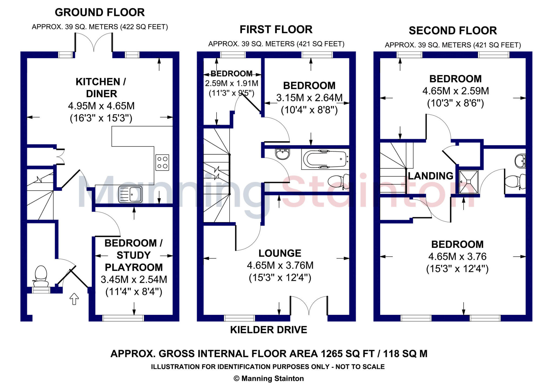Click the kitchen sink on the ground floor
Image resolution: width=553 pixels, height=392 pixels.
pos(130,194)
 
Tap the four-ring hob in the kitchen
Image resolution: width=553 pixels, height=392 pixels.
pos(162,162)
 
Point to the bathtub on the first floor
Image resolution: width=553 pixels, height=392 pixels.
pos(325,159)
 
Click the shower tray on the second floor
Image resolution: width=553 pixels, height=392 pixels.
pos(468,181)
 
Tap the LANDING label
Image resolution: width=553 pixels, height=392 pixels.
pos(430,176)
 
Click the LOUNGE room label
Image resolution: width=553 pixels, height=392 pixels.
pos(280,253)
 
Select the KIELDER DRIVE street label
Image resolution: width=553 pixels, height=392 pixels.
pos(269,330)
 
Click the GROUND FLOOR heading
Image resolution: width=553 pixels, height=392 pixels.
pos(100,12)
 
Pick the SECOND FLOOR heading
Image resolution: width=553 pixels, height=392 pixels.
pos(453,30)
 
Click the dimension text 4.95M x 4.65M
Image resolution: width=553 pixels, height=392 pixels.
pos(101,106)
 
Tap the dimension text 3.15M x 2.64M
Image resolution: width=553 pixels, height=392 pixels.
pos(309,98)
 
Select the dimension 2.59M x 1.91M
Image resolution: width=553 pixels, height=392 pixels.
pos(231,83)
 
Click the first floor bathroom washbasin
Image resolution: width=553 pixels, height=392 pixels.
pos(282,154)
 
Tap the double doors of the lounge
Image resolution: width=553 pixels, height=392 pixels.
pos(309,306)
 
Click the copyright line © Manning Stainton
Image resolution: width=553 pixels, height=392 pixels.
pos(269,379)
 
